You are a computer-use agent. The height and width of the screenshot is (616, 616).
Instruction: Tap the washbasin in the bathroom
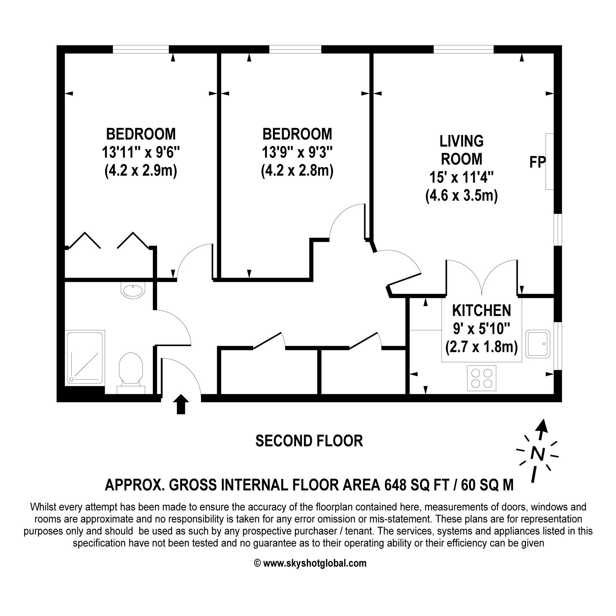(133, 290)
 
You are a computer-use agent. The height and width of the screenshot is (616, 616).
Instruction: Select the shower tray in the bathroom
(85, 357)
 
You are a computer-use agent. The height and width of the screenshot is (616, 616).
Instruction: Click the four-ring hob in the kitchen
(482, 378)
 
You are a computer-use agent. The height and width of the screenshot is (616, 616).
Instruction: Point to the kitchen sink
(538, 343)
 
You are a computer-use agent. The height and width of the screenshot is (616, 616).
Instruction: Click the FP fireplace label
(537, 162)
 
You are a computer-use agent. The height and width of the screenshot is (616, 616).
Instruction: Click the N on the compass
(537, 454)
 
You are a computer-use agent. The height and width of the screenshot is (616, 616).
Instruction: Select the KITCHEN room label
(481, 310)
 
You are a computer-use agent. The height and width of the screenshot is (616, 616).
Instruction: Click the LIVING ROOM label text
(462, 150)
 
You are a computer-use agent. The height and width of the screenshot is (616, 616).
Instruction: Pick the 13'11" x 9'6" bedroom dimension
(141, 152)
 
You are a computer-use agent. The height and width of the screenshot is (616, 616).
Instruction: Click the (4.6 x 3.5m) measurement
(462, 196)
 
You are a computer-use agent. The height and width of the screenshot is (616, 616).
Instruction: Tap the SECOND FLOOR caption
(309, 441)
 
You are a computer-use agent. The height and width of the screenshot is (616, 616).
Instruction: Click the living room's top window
(464, 49)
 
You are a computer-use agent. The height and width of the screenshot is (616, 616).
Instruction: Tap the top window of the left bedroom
(141, 49)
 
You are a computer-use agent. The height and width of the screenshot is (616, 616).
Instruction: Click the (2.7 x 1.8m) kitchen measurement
(481, 347)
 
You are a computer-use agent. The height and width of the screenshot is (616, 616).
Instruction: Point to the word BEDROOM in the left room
(141, 134)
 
